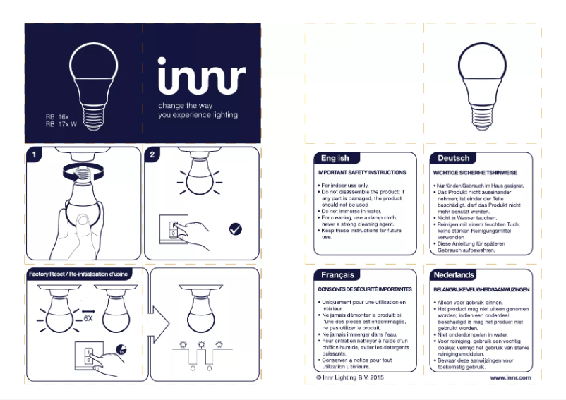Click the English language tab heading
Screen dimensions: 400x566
tap(335, 158)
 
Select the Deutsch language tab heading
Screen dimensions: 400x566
tap(452, 158)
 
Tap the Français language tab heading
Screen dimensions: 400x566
tap(337, 274)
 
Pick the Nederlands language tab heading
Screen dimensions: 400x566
tap(454, 274)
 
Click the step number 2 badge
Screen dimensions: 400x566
tap(151, 153)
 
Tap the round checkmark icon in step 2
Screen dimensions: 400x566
tap(236, 229)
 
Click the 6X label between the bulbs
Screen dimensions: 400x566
tap(89, 318)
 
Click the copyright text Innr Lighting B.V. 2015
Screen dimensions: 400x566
tap(350, 378)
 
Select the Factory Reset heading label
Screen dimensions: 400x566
tap(78, 273)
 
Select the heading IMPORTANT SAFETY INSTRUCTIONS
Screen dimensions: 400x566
tap(361, 172)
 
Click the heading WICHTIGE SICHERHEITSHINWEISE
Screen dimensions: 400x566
tap(475, 172)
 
